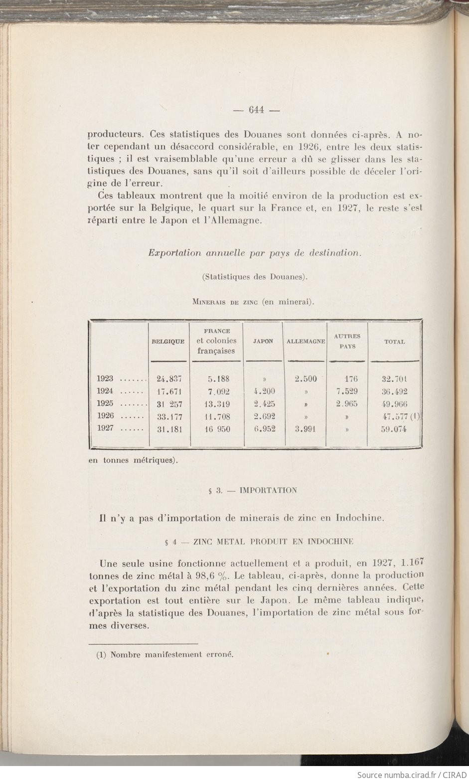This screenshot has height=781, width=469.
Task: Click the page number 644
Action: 256,110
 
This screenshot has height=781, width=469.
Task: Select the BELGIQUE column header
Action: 168,342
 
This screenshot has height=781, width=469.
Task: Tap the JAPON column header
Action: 263,342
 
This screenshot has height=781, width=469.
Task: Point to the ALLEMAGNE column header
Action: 306,342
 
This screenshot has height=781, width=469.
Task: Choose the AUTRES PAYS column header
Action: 347,341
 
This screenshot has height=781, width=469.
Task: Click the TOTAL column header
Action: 394,342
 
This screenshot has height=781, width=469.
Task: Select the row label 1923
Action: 105,379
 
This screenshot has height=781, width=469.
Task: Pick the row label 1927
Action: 105,428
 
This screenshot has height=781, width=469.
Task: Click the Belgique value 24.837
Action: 169,379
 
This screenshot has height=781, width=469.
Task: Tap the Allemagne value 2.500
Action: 306,379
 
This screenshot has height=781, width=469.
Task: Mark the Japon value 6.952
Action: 264,428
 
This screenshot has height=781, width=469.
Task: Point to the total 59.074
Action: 394,429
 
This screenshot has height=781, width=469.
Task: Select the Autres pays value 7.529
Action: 347,391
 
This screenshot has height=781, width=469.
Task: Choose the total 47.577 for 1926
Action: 394,416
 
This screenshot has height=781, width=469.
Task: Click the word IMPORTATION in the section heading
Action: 268,490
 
